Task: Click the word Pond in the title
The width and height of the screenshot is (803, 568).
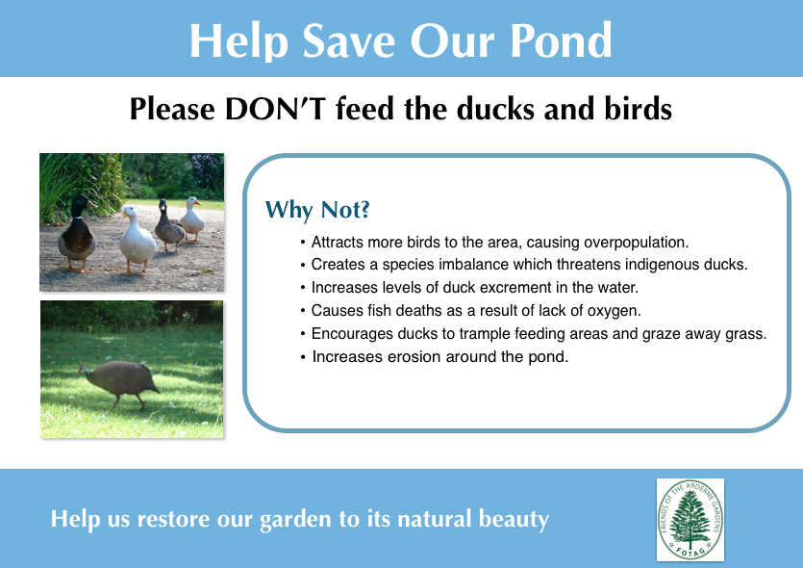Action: [561, 40]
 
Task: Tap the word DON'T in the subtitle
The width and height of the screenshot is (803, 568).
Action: [275, 109]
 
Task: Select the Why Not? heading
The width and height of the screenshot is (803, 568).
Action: [317, 210]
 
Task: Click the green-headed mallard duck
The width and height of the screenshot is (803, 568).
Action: [77, 233]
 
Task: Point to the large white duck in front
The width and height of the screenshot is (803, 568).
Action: [137, 240]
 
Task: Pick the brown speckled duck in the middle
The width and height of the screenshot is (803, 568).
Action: [169, 225]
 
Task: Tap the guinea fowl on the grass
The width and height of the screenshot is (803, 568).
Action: [119, 382]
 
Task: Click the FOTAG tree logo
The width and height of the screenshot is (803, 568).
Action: [690, 520]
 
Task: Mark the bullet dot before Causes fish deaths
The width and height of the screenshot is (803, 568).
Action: [303, 311]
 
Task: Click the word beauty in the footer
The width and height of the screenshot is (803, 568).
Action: [514, 519]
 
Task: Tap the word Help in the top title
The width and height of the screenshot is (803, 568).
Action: [239, 40]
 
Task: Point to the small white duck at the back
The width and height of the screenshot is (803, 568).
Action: [192, 219]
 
